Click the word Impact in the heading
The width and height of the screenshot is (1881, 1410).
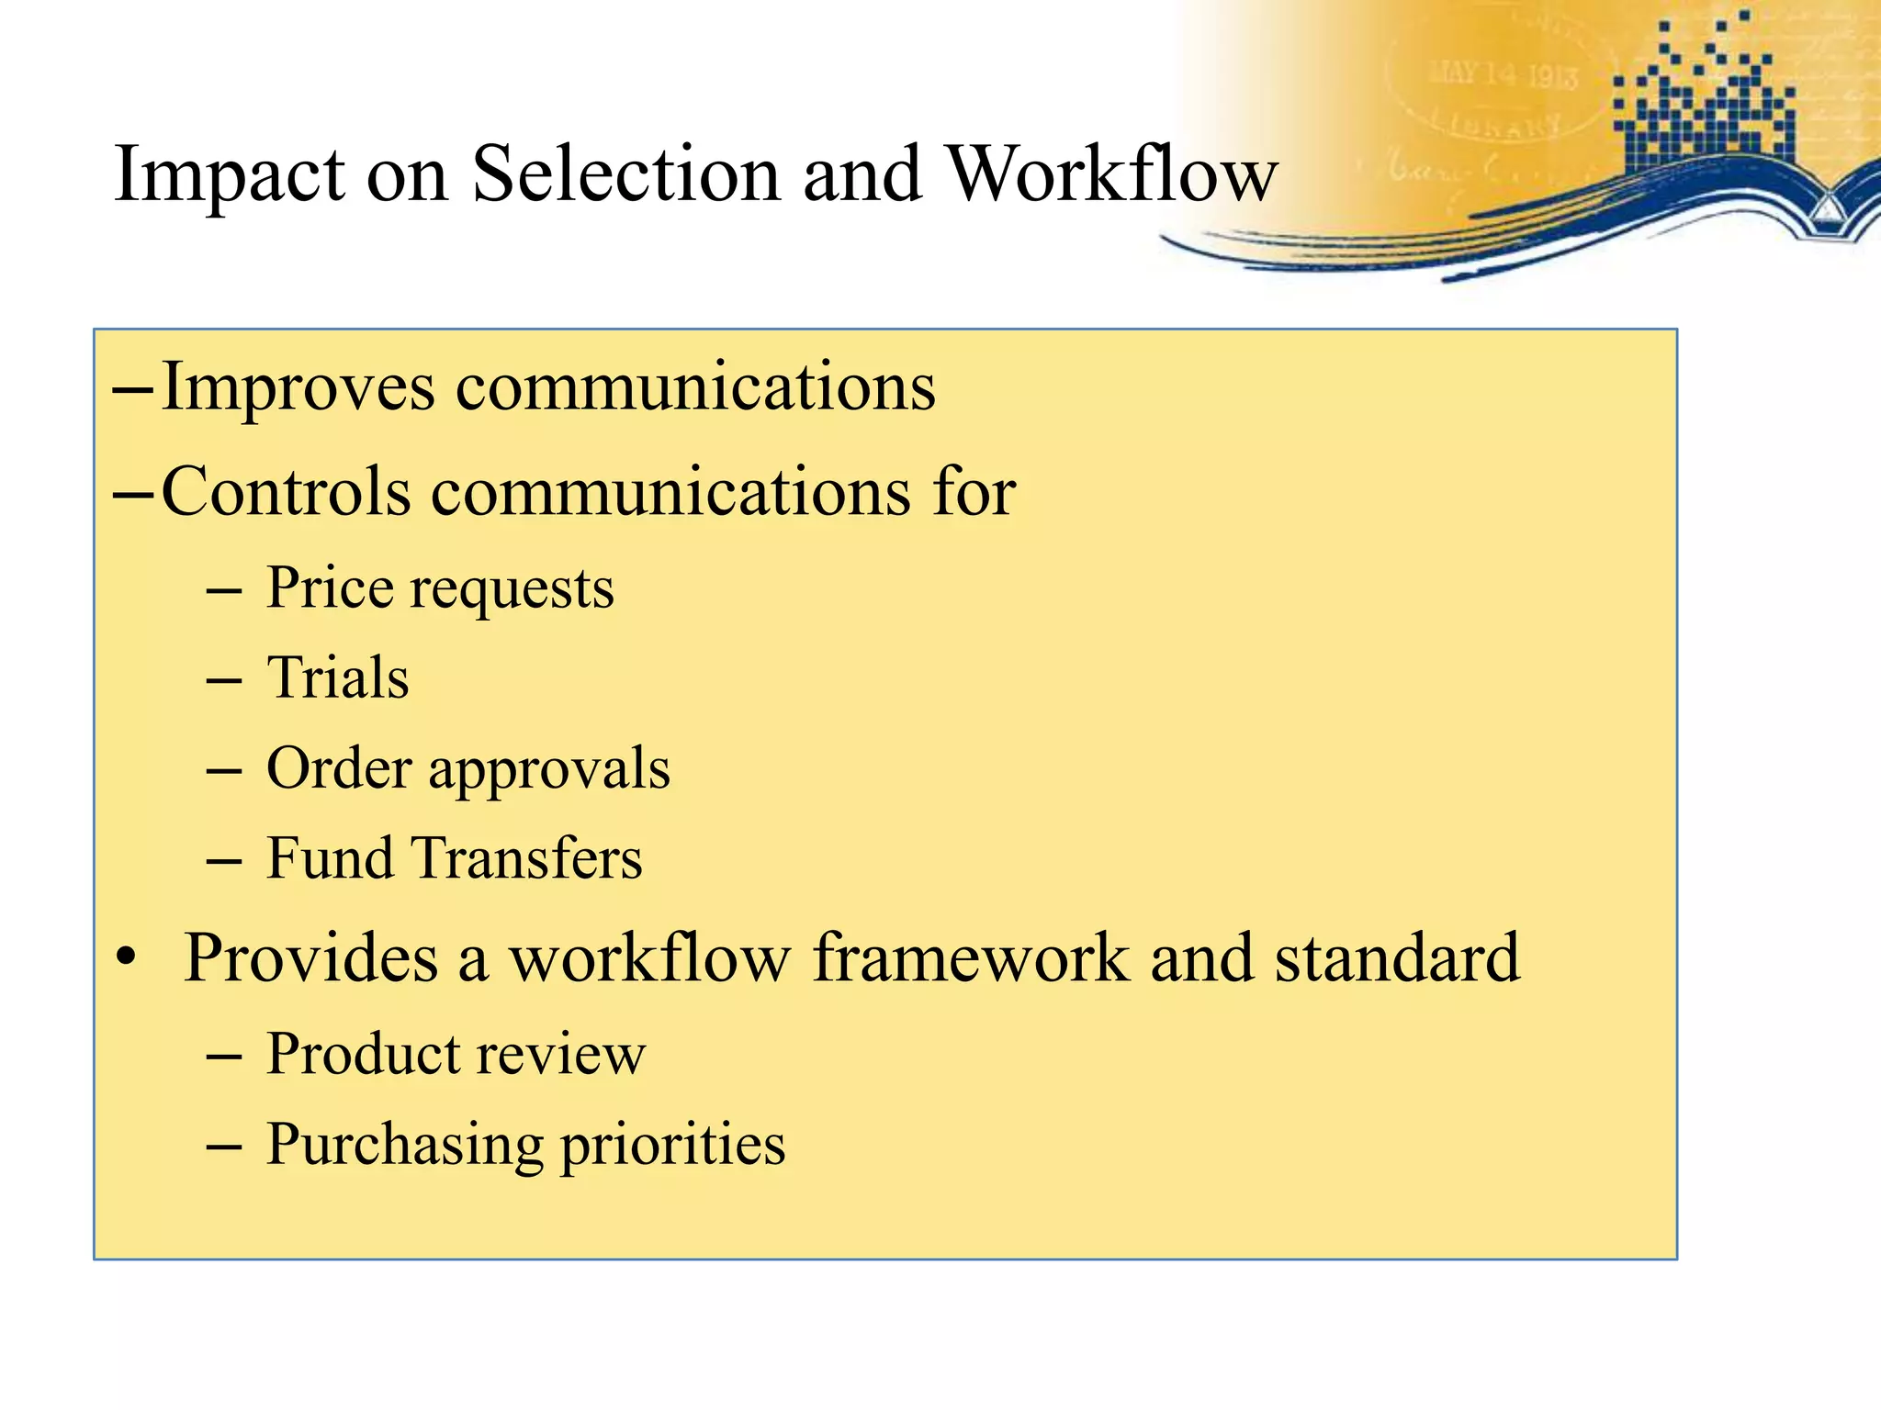pyautogui.click(x=230, y=176)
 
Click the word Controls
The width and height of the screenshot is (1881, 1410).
pyautogui.click(x=286, y=492)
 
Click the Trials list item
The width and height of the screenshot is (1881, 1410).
pyautogui.click(x=337, y=679)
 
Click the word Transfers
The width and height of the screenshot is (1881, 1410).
pyautogui.click(x=527, y=859)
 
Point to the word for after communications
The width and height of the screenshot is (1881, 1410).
pyautogui.click(x=974, y=492)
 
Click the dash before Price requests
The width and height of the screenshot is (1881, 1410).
pyautogui.click(x=224, y=590)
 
